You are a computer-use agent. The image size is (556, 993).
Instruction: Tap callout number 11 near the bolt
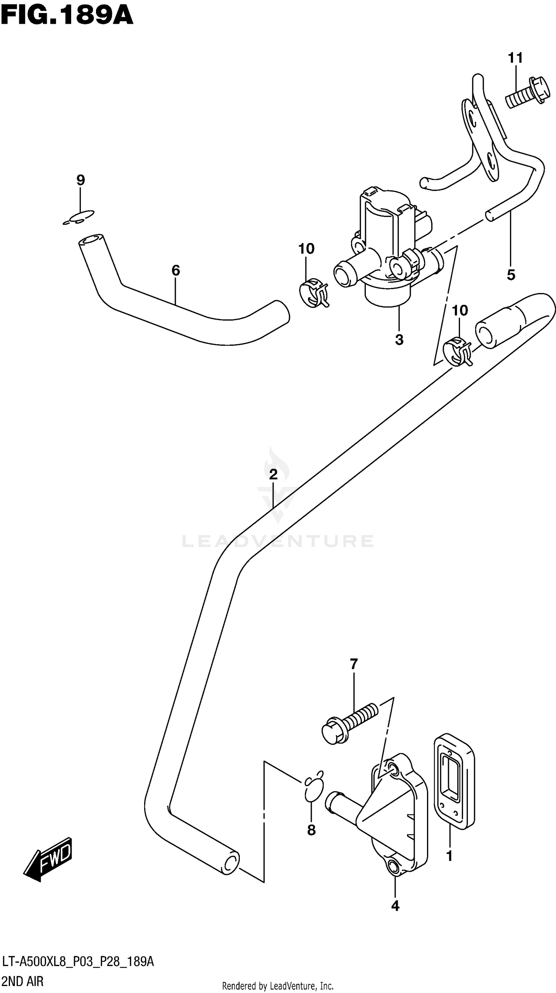515,58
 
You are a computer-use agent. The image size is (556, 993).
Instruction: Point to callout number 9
80,180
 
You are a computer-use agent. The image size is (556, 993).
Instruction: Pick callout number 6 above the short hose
175,271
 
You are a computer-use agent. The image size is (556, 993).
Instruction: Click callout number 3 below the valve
399,340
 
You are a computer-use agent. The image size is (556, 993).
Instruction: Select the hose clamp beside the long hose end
457,351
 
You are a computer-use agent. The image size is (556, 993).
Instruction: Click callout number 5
511,275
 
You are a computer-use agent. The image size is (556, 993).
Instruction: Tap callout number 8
311,830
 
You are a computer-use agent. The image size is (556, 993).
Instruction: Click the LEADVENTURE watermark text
277,541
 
